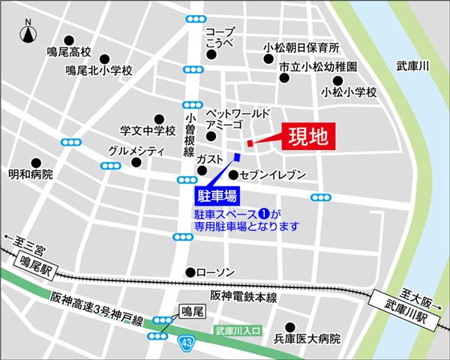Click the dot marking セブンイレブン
(234, 175)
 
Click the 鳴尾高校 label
(68, 53)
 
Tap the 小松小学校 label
(347, 92)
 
